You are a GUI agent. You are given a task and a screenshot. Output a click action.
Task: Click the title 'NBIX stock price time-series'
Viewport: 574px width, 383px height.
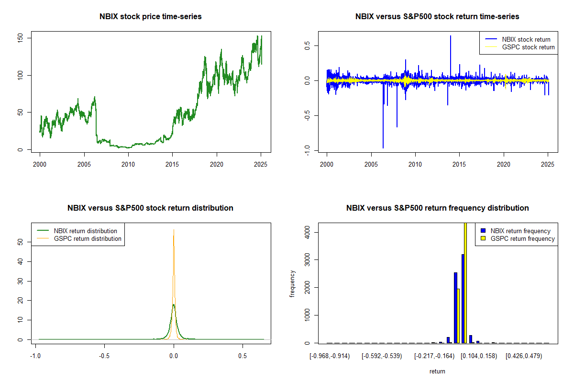151,17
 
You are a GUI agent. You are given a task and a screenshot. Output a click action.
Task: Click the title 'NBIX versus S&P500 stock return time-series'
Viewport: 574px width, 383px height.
437,17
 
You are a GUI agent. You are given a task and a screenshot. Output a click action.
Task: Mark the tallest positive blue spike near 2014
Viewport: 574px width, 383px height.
450,36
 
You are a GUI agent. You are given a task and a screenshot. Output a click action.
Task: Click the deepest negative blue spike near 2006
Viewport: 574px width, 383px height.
383,147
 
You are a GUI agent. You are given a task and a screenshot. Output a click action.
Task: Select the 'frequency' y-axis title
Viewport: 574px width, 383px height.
292,284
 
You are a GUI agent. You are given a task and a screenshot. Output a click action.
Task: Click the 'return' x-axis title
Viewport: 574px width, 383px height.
437,371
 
